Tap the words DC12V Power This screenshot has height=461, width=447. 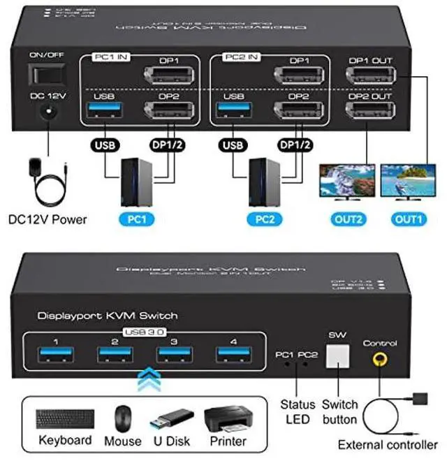47,219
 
